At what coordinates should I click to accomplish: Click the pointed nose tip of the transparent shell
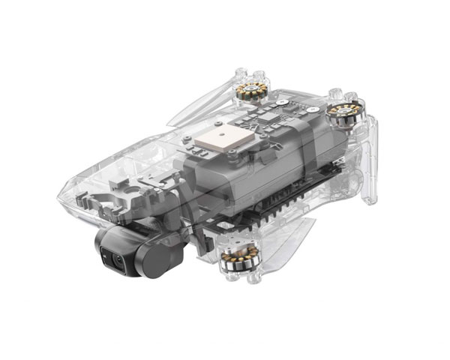point(62,196)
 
